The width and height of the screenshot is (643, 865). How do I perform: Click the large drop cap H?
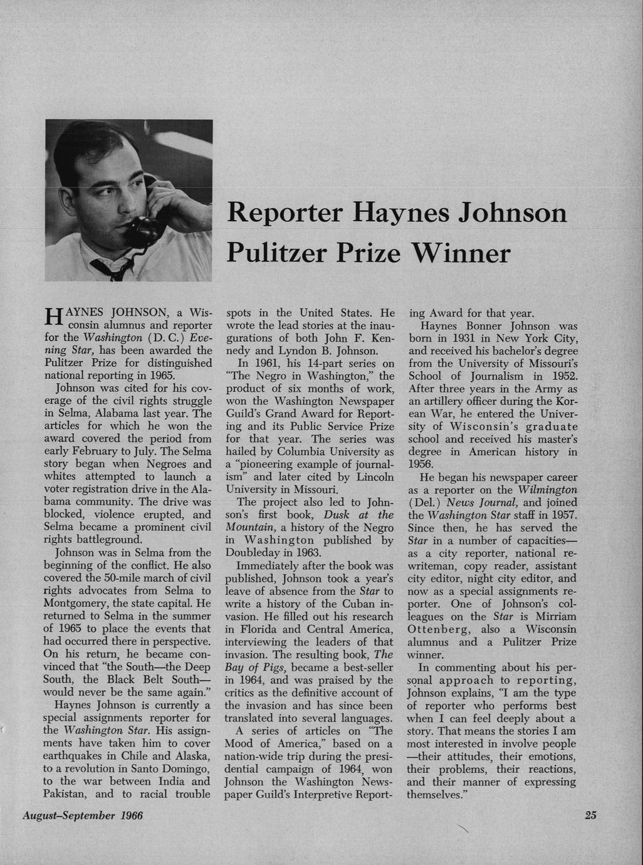point(51,318)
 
